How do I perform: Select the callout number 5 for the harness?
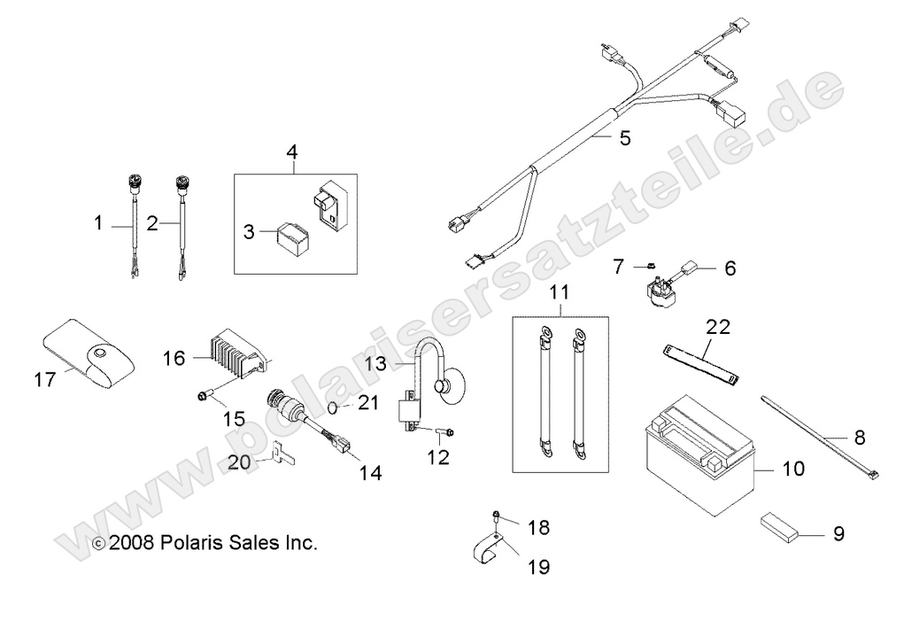[625, 139]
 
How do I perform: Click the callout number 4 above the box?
[291, 151]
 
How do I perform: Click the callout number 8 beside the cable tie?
[859, 437]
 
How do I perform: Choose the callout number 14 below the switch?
[369, 473]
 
